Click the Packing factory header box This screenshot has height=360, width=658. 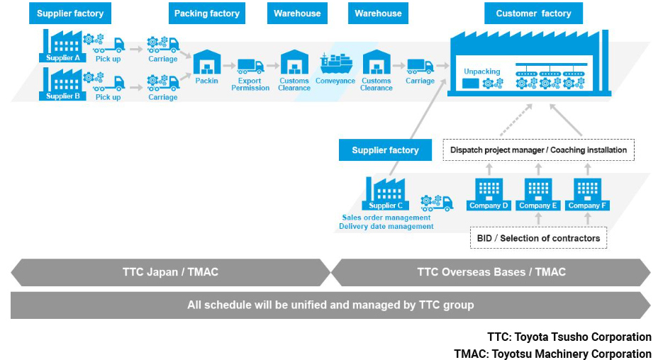tap(207, 13)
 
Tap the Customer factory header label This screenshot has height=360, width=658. tap(533, 13)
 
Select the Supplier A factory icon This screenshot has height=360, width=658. tap(62, 46)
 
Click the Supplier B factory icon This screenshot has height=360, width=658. tap(62, 84)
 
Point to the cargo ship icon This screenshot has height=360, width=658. tap(336, 63)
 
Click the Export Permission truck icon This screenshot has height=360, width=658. tap(250, 66)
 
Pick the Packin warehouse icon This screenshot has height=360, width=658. tap(207, 62)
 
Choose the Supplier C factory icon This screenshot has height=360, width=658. tap(385, 193)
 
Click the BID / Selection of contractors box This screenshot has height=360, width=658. tap(538, 238)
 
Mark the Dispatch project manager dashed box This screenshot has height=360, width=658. tap(538, 150)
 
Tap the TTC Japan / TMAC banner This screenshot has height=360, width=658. tap(170, 272)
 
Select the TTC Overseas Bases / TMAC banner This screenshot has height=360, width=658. tap(491, 272)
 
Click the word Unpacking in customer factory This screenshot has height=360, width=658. tap(481, 72)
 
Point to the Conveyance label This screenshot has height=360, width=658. tap(335, 81)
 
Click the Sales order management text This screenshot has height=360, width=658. tap(386, 218)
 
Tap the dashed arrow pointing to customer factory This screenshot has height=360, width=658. tap(515, 120)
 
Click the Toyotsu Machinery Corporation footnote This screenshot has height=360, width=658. tap(552, 354)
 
